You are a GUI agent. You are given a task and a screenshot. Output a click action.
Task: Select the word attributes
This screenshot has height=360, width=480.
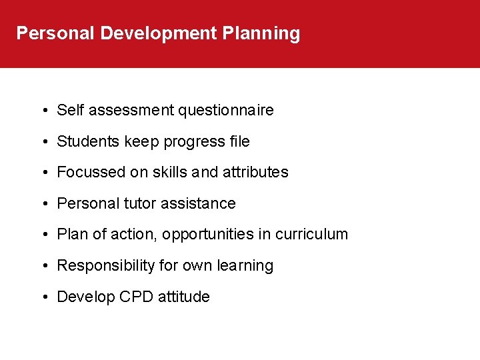pos(255,172)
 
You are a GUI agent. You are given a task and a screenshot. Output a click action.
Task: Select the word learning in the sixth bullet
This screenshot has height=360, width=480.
pos(245,266)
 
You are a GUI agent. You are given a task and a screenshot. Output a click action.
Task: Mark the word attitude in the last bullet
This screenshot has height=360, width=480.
pos(184,297)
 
